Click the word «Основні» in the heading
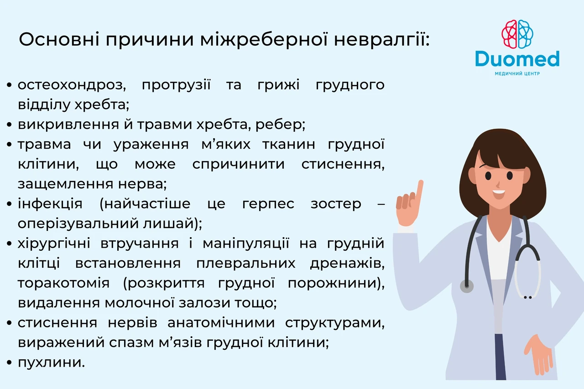tap(59, 39)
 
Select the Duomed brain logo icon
tap(517, 34)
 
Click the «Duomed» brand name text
tap(517, 59)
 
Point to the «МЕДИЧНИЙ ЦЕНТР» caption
tap(517, 74)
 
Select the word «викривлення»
tap(68, 125)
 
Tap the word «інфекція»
tap(50, 204)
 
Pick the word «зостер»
tap(336, 204)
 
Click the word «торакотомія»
tap(63, 283)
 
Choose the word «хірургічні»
tap(54, 244)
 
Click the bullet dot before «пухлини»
tap(10, 363)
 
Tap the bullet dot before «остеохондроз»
tap(10, 85)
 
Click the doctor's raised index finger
tap(419, 190)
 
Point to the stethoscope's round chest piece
tap(466, 286)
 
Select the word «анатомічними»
tap(221, 323)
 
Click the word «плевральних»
tap(245, 264)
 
